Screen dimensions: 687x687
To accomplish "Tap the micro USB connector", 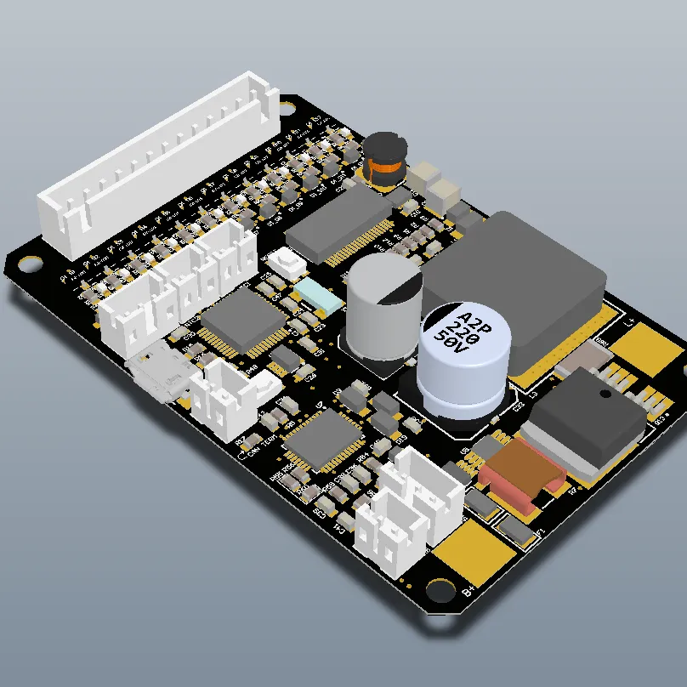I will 157,374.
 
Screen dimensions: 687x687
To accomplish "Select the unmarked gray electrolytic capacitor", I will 382,302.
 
